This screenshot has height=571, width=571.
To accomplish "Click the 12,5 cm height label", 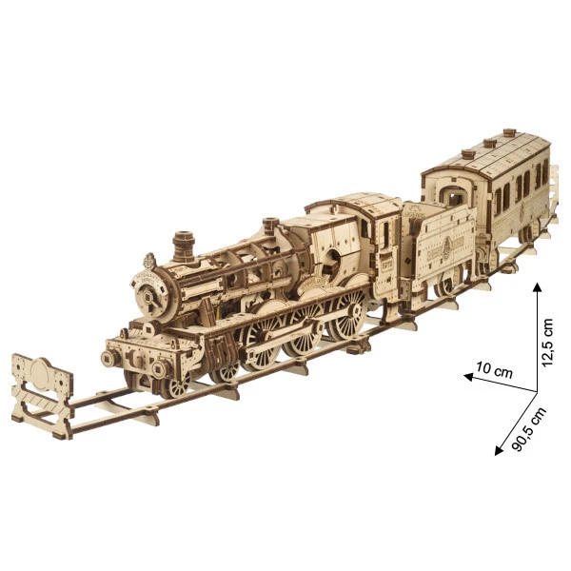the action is [x=547, y=342].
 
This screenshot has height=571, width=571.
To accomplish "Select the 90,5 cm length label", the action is [x=529, y=429].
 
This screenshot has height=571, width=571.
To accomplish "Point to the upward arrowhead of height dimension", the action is [x=537, y=287].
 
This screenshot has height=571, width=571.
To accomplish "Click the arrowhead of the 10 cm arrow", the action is [x=468, y=377].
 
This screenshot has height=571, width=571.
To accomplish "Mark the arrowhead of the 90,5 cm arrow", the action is [x=499, y=450].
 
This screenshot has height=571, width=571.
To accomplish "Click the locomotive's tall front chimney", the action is [x=184, y=246].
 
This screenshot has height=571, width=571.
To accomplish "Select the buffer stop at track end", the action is [x=42, y=395].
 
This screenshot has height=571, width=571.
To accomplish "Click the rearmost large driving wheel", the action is [x=347, y=313].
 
